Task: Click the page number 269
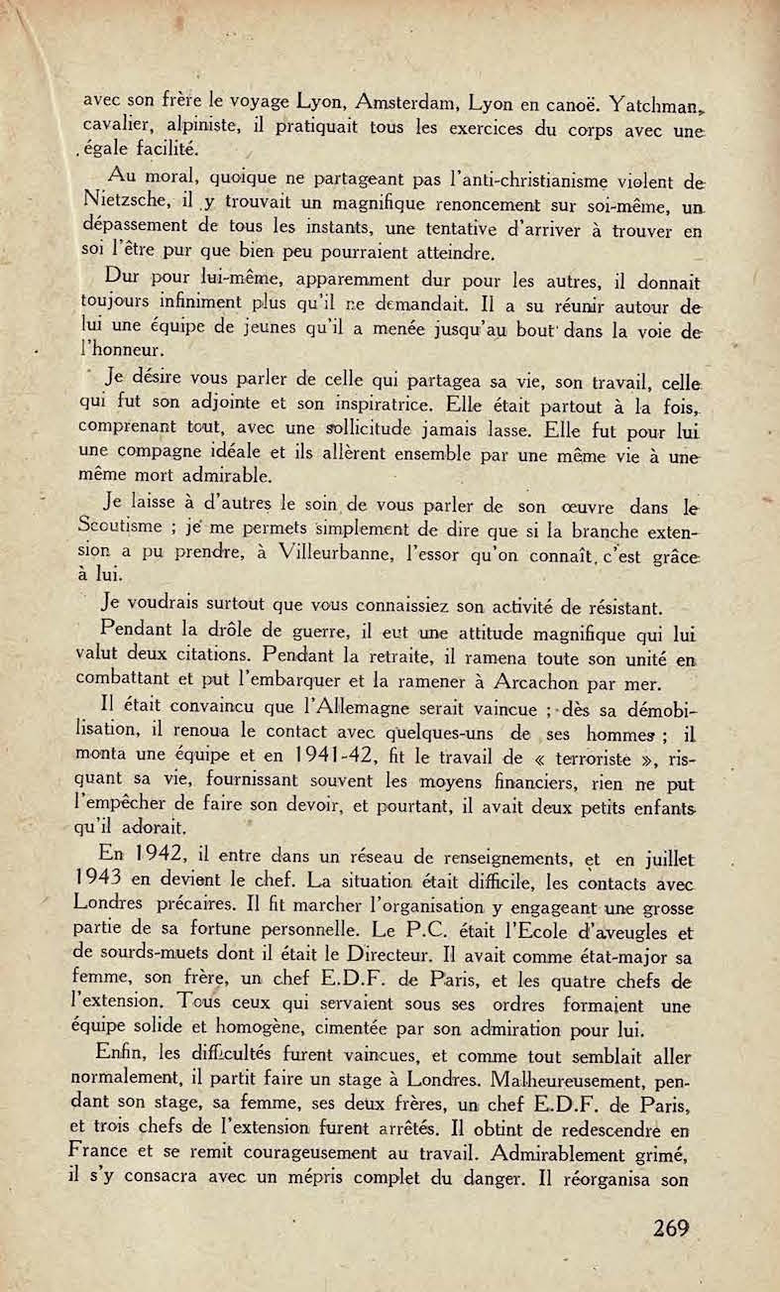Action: pyautogui.click(x=671, y=1228)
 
